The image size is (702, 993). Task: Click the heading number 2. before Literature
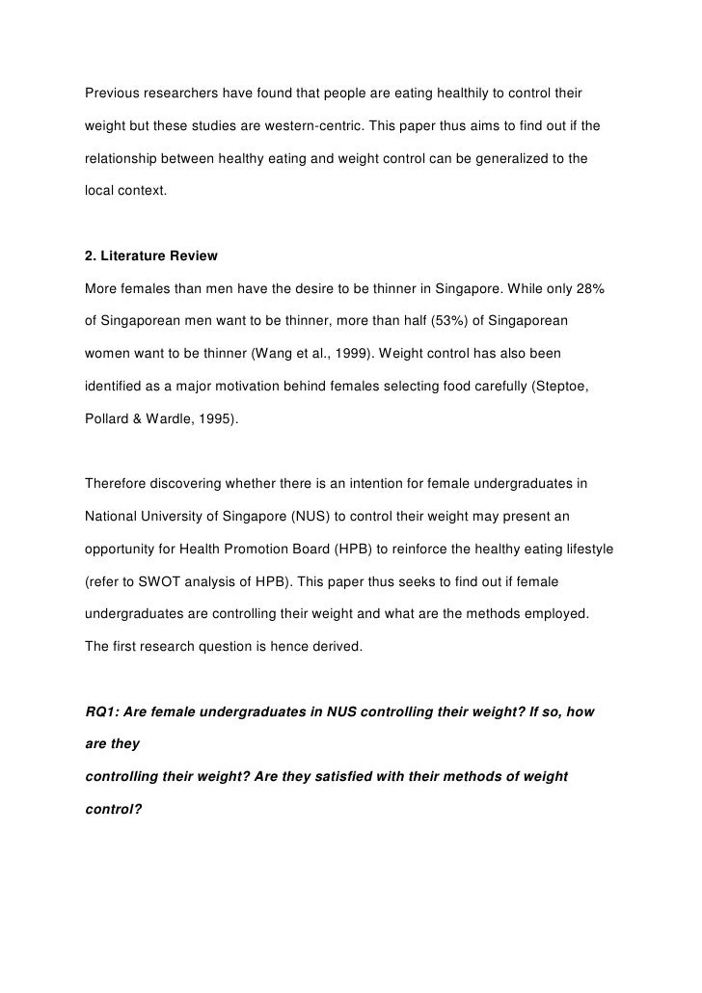tap(92, 255)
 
